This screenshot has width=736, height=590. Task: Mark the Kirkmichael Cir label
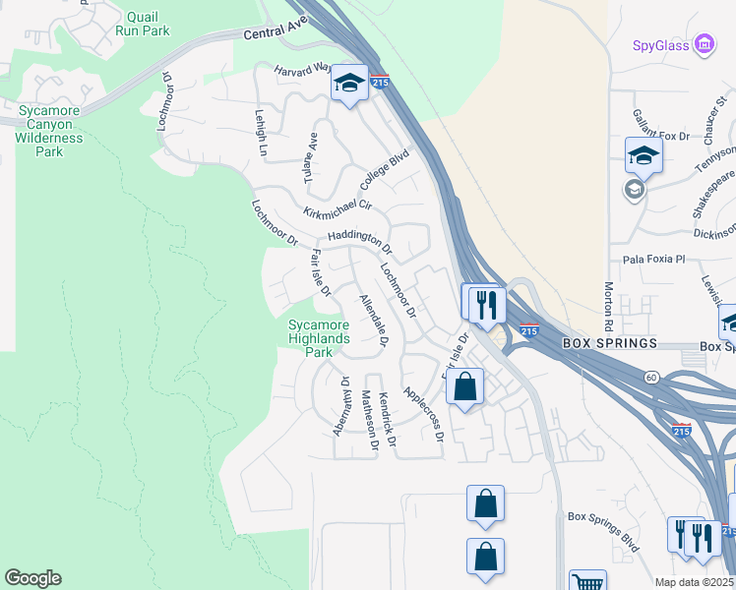pyautogui.click(x=337, y=206)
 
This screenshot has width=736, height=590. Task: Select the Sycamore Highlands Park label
pyautogui.click(x=319, y=338)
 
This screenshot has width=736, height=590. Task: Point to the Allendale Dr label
pyautogui.click(x=374, y=321)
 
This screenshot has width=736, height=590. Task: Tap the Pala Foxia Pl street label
pyautogui.click(x=653, y=260)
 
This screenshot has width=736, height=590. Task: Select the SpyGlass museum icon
pyautogui.click(x=704, y=44)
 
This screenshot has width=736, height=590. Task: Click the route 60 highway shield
pyautogui.click(x=651, y=377)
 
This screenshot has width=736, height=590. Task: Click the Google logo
pyautogui.click(x=32, y=578)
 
